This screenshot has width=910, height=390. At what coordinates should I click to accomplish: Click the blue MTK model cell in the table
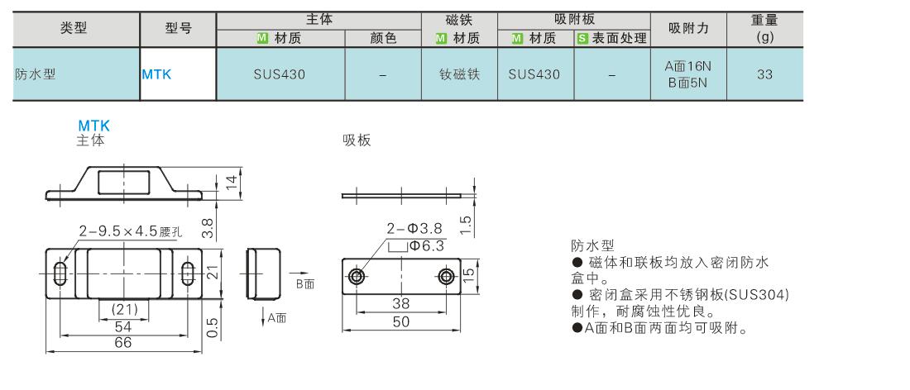156,74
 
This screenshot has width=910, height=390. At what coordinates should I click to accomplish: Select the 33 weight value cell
764,74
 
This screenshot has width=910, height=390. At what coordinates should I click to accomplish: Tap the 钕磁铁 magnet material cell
460,74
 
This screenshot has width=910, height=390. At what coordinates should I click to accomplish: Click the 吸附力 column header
688,28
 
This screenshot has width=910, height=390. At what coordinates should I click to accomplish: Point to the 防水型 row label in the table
35,74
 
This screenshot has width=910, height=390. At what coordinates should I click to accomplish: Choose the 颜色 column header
383,38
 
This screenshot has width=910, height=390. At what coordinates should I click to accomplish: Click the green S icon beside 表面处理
582,39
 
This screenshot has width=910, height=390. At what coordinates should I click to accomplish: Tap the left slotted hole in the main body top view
60,273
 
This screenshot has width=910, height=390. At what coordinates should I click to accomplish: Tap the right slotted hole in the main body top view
188,273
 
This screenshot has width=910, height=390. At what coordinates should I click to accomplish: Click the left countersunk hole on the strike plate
356,277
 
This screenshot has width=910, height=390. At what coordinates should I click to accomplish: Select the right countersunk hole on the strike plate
446,277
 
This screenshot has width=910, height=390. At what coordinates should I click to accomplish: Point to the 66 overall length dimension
123,342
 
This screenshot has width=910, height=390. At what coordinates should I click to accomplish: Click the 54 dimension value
123,326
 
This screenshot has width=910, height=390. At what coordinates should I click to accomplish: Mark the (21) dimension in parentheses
124,310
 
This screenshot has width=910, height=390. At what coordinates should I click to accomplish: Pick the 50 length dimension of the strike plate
401,321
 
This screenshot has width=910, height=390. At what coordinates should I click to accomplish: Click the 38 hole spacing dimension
401,303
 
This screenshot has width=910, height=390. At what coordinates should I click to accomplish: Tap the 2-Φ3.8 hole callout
415,228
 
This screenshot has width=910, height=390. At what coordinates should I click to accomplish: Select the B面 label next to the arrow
305,284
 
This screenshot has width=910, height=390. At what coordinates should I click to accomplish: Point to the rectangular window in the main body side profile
123,182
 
